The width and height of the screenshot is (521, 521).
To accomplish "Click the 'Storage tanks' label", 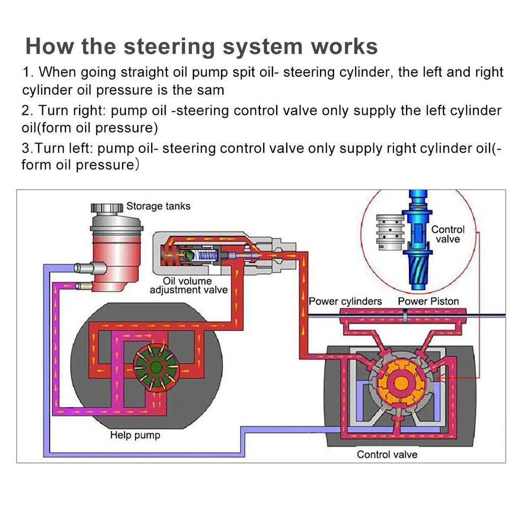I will pos(158,206).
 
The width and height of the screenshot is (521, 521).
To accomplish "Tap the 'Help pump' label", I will pos(135,436).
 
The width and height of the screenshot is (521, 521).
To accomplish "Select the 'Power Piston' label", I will pos(428,301).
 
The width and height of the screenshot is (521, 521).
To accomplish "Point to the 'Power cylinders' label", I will pos(345,301).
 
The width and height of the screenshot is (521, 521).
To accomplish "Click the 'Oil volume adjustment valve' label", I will pos(188,285).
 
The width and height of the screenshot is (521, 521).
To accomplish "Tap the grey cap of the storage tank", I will pos(107,208).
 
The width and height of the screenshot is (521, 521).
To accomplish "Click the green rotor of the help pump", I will pos(156,366).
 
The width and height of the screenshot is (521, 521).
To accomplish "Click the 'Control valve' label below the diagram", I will pos(387,454).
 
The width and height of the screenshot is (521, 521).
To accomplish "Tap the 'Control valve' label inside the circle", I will pos(448,234).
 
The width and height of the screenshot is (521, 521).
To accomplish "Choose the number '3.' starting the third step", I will pos(28,149).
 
